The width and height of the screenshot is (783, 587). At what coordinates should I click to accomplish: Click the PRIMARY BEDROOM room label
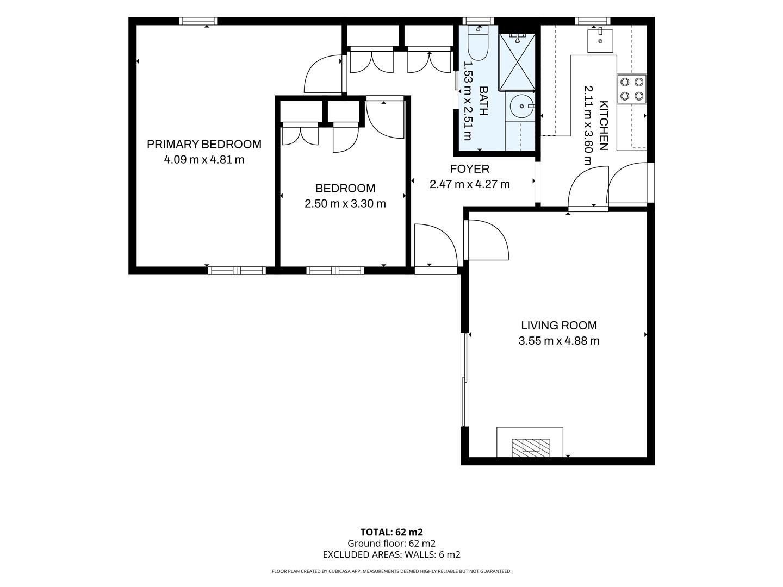[204, 145]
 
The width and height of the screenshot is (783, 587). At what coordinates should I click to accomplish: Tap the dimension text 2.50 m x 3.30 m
[345, 203]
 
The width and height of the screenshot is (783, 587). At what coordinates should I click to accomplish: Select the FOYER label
[469, 169]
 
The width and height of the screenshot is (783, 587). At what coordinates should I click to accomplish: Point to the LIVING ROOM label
[558, 326]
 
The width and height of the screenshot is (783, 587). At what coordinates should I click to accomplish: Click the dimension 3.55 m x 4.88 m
[558, 341]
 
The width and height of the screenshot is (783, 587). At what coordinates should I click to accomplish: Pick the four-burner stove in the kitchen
[632, 89]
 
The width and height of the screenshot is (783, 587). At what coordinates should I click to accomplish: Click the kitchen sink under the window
[600, 41]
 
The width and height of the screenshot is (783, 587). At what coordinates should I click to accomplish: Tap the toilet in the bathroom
[478, 43]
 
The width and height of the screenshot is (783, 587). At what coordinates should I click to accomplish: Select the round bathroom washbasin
[522, 106]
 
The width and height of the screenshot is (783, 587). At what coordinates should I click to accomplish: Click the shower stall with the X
[517, 62]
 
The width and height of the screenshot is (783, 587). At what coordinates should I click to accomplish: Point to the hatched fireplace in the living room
[531, 448]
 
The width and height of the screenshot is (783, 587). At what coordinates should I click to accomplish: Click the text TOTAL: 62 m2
[391, 532]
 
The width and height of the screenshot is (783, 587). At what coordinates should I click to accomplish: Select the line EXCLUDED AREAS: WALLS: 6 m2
[391, 554]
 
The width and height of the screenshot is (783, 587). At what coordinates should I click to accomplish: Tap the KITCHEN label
[603, 126]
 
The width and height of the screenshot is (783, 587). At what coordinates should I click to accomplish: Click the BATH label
[483, 101]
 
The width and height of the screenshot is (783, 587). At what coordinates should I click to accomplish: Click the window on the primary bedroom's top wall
[198, 21]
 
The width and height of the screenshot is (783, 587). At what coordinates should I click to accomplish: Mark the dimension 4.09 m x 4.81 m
[204, 160]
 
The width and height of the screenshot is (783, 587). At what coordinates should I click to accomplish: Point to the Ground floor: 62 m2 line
[391, 544]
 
